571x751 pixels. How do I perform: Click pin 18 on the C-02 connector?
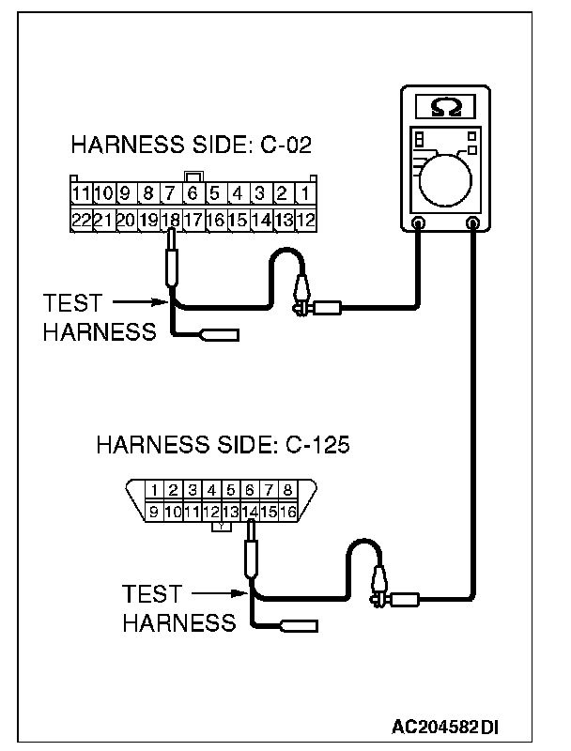coord(171,220)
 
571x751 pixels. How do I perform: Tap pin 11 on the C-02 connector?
coord(81,195)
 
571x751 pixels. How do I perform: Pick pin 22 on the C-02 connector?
coord(81,220)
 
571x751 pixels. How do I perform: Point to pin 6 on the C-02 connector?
coord(193,195)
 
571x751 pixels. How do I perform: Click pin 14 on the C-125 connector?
coord(250,512)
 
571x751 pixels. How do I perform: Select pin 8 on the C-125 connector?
coord(288,490)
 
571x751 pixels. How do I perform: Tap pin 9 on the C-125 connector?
coord(153,512)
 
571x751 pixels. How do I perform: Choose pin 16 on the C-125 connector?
coord(288,512)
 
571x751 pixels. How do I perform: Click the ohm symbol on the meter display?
coord(446,107)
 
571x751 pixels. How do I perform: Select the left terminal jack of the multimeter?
coord(420,223)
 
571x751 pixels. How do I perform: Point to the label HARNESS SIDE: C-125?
coord(223,443)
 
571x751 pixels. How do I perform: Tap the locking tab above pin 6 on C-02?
coord(193,176)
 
